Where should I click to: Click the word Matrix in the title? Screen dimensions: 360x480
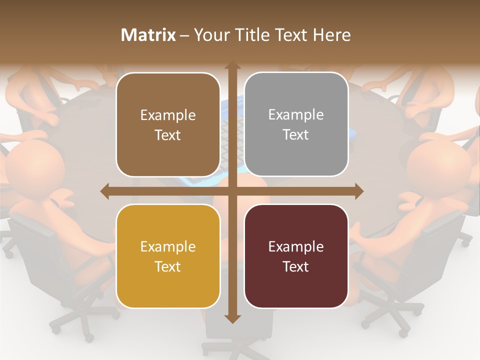coord(148,35)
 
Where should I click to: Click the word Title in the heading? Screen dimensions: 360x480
coord(255,35)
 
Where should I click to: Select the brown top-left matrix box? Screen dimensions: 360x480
coord(168,124)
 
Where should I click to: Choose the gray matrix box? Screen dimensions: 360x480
coord(296,124)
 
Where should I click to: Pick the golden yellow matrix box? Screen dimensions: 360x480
coord(168,256)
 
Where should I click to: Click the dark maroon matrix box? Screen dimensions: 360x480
coord(296,256)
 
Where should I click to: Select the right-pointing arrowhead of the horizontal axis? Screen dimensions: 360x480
coord(358,191)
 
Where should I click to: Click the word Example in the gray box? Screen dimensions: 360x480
coord(296,114)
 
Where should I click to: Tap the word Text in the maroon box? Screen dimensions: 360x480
coord(296,266)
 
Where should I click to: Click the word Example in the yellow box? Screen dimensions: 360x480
coord(168,246)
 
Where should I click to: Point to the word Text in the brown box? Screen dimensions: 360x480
coord(168,135)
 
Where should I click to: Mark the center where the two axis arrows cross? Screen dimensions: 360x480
coord(232,191)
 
